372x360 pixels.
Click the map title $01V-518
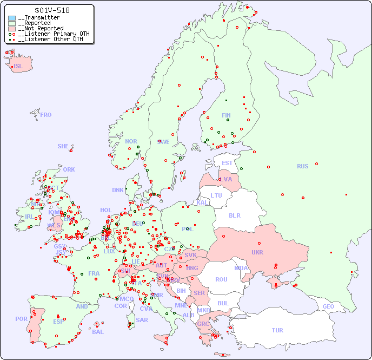click(51, 10)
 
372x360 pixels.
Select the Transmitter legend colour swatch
click(12, 18)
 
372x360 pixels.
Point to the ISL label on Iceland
click(18, 67)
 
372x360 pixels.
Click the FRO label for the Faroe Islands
click(46, 115)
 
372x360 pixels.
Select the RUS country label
click(302, 166)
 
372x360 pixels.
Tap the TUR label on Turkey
click(277, 330)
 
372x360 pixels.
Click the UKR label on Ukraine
click(257, 252)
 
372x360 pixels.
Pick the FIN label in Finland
click(226, 115)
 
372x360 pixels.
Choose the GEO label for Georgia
click(328, 306)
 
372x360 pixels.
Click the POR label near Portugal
click(21, 319)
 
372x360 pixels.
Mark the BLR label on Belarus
click(235, 215)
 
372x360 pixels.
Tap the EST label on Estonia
click(227, 163)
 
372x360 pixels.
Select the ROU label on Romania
click(221, 279)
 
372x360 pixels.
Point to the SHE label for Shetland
click(63, 146)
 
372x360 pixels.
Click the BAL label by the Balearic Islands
click(98, 332)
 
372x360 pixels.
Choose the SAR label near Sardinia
click(142, 320)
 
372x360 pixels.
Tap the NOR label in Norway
click(131, 141)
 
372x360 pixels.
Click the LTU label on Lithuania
click(216, 195)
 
